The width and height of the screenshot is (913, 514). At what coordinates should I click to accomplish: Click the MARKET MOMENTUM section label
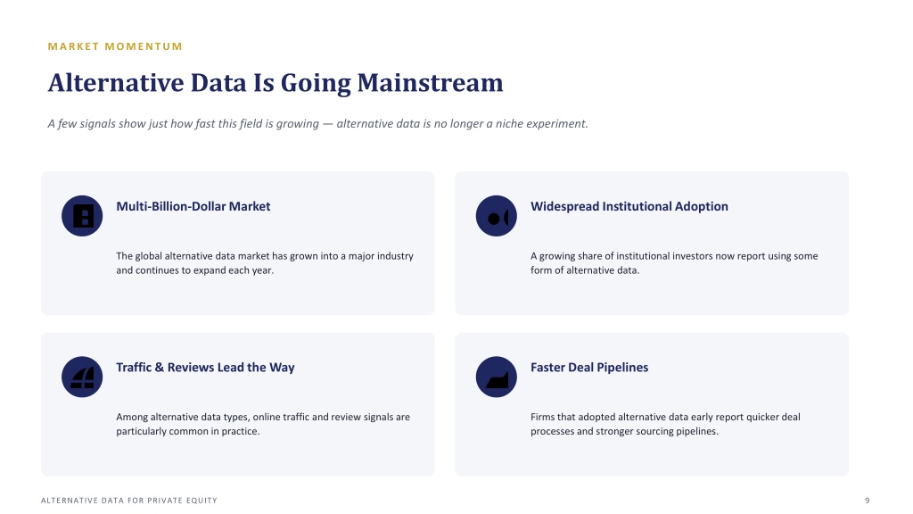click(115, 46)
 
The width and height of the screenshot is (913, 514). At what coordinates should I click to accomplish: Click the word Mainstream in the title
click(431, 83)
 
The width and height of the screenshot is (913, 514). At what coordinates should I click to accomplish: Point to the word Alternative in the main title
click(115, 83)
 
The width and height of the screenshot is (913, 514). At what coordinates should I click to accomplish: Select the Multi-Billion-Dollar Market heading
click(193, 206)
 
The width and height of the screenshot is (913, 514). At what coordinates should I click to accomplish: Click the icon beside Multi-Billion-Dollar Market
click(82, 216)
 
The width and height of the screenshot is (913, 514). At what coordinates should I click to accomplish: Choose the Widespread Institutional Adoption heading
click(629, 206)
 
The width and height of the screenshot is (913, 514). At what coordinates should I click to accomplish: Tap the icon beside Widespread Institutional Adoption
click(496, 216)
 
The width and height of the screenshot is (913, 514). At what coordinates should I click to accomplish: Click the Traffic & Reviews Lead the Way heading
click(206, 367)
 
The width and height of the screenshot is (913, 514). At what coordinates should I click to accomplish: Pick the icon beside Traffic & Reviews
click(82, 377)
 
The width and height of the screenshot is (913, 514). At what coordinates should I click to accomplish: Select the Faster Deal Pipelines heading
click(589, 367)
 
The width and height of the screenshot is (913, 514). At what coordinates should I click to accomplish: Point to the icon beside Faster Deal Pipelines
click(496, 377)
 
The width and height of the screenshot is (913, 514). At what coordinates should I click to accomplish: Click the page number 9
click(867, 501)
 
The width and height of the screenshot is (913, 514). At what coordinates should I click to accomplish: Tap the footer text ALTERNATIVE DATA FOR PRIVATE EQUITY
click(129, 501)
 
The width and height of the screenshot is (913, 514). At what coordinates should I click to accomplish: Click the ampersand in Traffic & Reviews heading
click(160, 367)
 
